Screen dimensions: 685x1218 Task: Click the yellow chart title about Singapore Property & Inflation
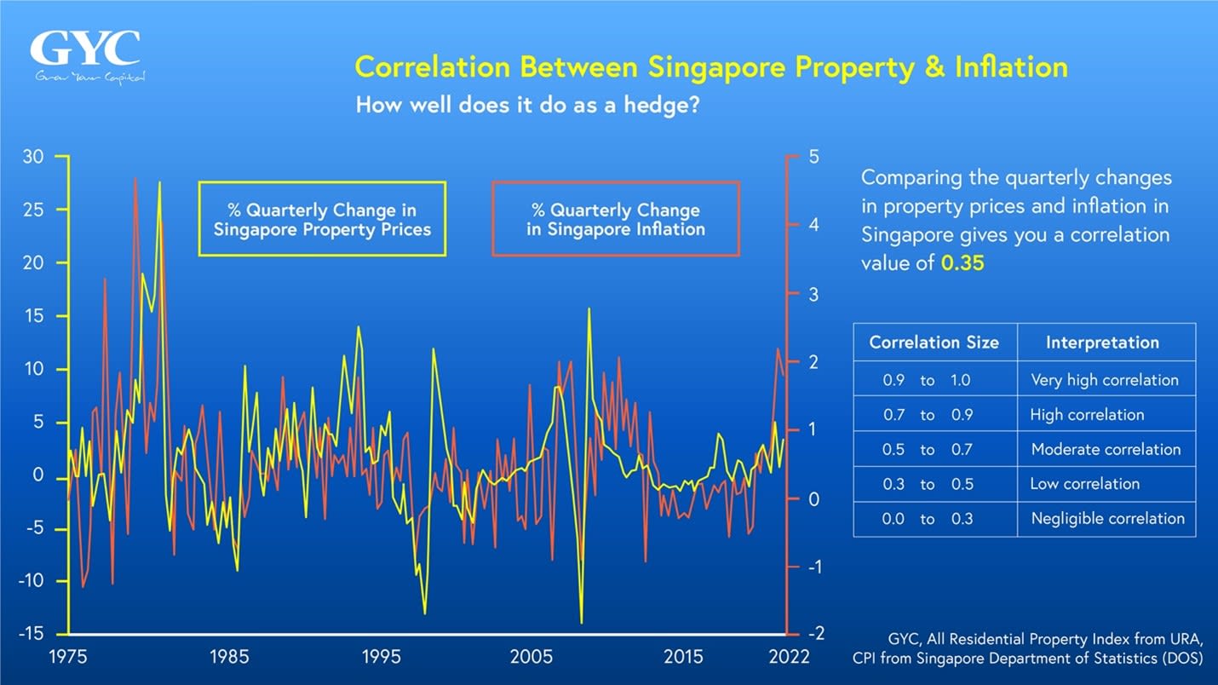click(x=710, y=67)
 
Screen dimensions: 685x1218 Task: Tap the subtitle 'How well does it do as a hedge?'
click(x=527, y=106)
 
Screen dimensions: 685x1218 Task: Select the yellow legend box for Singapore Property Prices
click(x=322, y=219)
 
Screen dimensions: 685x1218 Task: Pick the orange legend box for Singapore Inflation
click(x=615, y=219)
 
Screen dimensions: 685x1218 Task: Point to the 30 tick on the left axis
click(x=33, y=158)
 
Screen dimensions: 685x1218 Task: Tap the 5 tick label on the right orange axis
click(x=813, y=158)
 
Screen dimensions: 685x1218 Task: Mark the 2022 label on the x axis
click(x=789, y=657)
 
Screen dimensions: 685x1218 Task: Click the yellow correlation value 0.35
click(x=962, y=263)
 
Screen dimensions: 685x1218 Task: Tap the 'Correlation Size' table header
click(x=934, y=342)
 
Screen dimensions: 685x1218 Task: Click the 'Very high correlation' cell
click(x=1105, y=380)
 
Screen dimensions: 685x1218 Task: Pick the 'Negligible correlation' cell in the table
click(x=1107, y=518)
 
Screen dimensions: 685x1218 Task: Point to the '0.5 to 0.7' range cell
click(x=927, y=449)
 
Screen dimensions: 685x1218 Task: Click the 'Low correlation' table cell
click(x=1084, y=484)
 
